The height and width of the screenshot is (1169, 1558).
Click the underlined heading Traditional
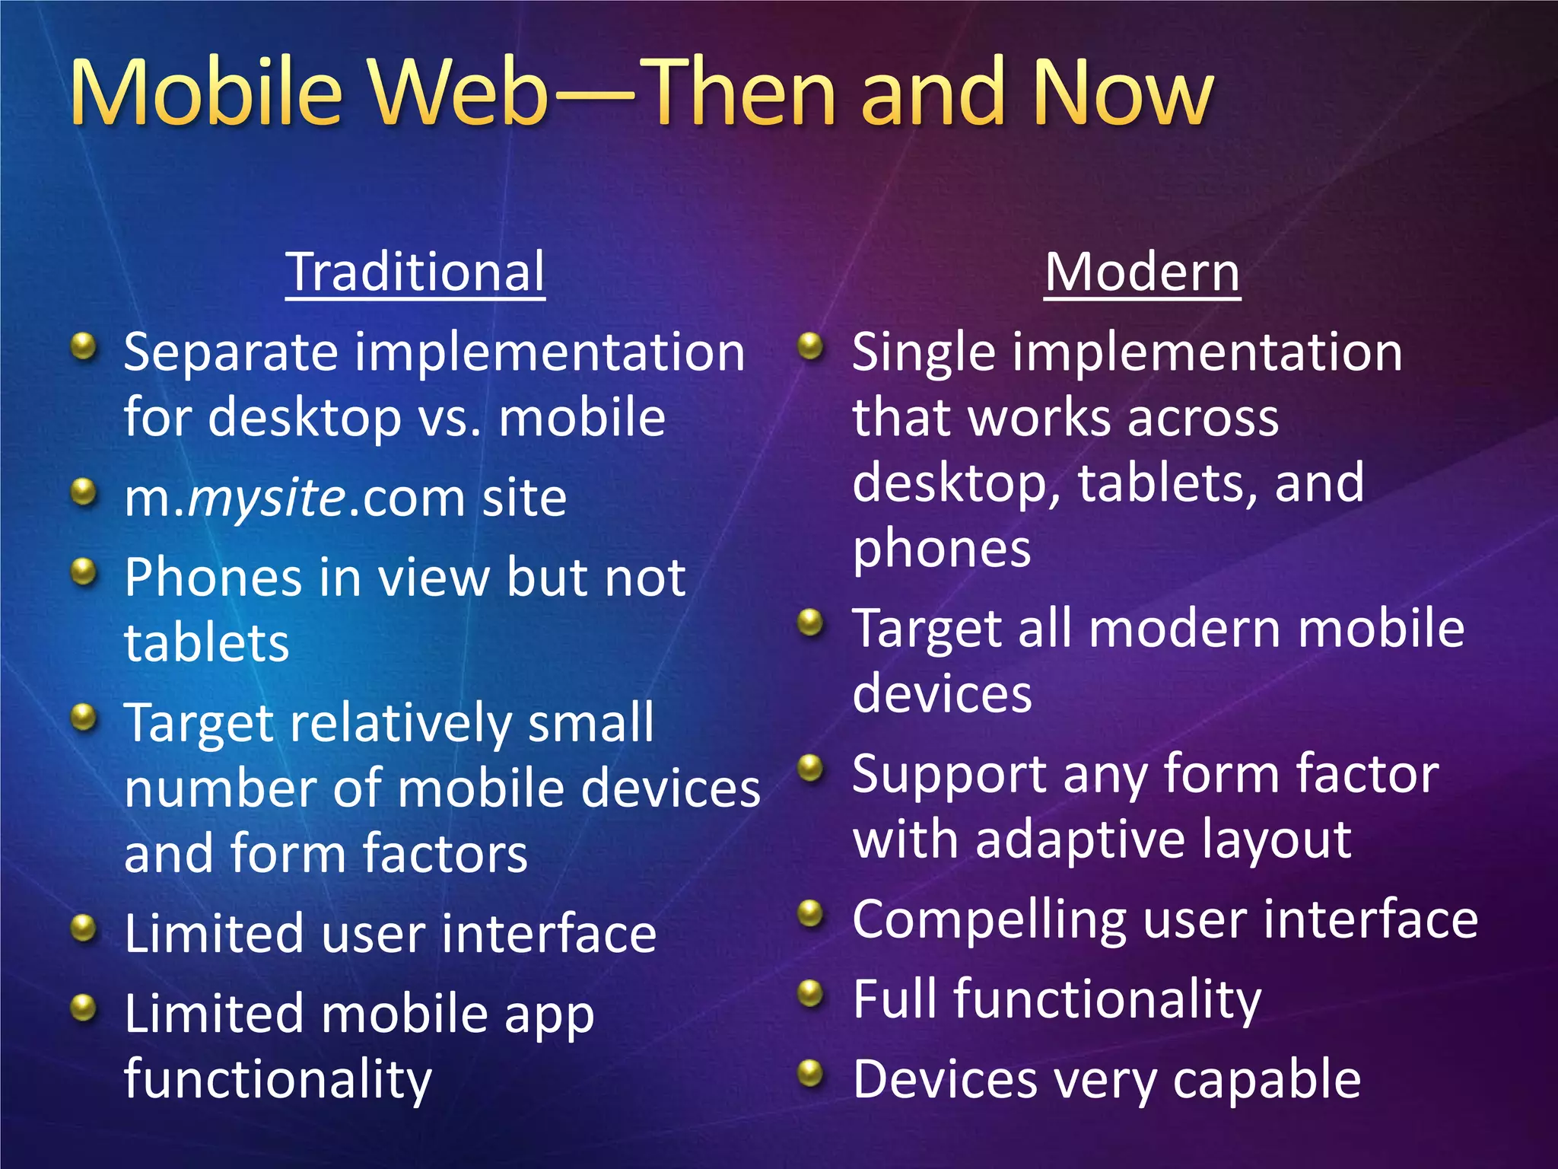click(x=415, y=272)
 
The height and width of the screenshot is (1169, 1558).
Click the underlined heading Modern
click(x=1142, y=272)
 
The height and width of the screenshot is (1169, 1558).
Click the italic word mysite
click(x=267, y=499)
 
